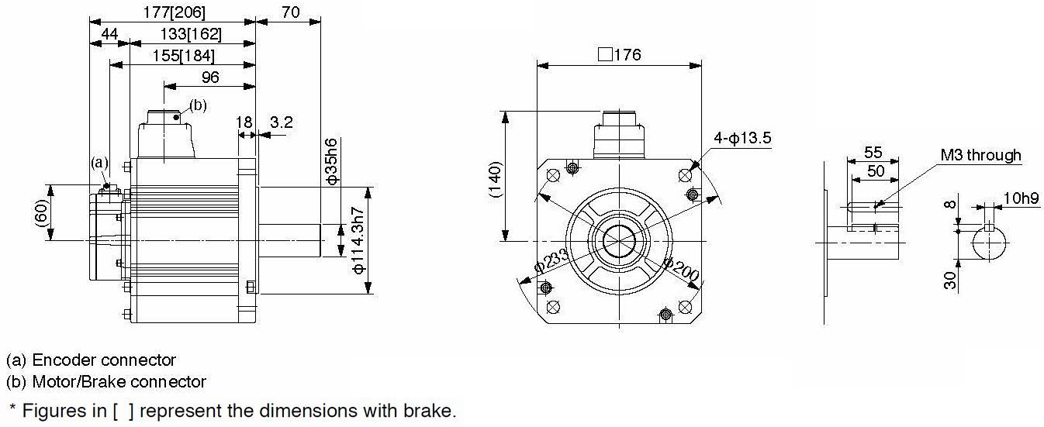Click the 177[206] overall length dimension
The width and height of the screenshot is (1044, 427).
pos(174,12)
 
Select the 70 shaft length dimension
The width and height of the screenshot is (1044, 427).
pos(290,12)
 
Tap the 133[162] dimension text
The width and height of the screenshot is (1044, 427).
pos(191,34)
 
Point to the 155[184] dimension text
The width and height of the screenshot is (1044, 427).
pos(184,56)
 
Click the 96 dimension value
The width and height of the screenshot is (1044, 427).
pos(210,77)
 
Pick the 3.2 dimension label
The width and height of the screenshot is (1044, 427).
pos(282,122)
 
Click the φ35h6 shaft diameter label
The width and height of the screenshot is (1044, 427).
pos(331,162)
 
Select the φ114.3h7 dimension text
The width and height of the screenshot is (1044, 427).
pos(358,240)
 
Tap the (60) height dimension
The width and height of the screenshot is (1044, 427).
pos(42,213)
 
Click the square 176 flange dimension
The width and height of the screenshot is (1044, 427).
pos(620,55)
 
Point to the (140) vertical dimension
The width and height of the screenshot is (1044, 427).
pos(496,179)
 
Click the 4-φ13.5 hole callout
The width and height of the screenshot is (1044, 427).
pos(742,138)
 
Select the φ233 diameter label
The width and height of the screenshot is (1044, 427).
pos(551,261)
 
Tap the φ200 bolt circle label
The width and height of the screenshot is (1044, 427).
pos(681,269)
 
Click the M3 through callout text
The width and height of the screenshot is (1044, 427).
pos(980,155)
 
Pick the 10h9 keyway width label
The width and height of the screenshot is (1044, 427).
pos(1021,198)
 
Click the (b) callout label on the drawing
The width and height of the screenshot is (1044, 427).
pos(198,105)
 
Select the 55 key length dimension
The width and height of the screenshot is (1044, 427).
pos(873,152)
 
